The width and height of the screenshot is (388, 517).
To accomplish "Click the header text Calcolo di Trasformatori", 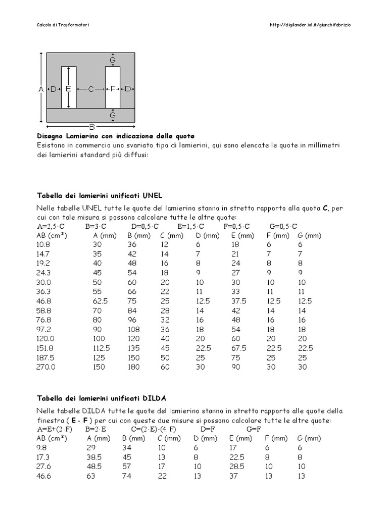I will (x=64, y=24).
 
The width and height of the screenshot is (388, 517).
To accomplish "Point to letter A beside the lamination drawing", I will (x=41, y=89).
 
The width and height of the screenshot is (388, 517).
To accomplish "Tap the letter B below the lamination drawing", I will (x=92, y=126).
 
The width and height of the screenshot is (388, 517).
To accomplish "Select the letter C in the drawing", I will (x=91, y=89).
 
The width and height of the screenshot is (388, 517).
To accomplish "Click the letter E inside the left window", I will (x=68, y=89).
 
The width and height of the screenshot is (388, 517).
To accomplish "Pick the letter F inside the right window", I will (x=113, y=89).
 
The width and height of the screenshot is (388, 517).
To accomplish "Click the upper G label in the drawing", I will (x=113, y=60).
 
